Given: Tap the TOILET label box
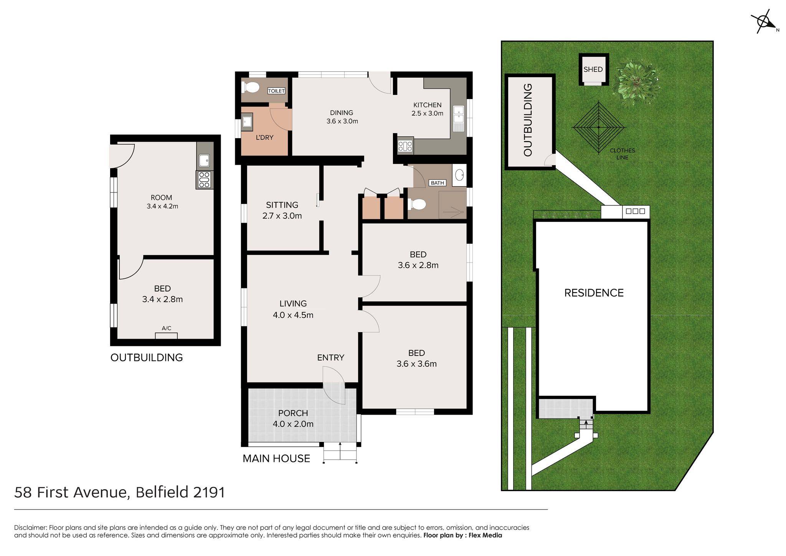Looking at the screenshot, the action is click(276, 91).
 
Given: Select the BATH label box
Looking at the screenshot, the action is click(438, 183).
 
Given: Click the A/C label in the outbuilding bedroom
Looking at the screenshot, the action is click(167, 328).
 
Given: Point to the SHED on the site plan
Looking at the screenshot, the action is click(593, 69).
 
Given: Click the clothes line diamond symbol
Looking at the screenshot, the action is click(599, 127).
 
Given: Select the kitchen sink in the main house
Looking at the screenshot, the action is click(459, 118).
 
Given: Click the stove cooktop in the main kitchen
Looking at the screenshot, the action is click(405, 146).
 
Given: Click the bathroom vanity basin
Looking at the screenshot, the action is click(459, 175).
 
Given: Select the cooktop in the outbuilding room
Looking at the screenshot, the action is click(204, 180).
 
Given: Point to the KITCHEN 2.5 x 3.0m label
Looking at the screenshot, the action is click(427, 109).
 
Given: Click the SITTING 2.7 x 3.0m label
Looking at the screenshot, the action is click(282, 210).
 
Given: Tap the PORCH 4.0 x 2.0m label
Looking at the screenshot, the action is click(293, 419).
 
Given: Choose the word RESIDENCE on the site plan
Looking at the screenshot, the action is click(594, 293).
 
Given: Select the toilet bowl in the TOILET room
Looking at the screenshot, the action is click(251, 88).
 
